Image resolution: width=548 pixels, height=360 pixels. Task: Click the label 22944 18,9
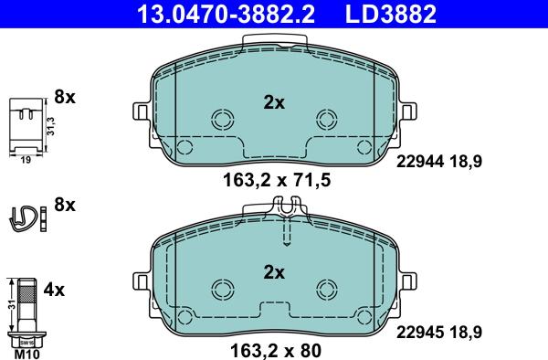pyautogui.click(x=438, y=161)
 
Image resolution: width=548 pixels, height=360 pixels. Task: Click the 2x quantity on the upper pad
pyautogui.click(x=274, y=103)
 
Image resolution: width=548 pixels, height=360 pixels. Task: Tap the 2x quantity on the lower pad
pyautogui.click(x=274, y=271)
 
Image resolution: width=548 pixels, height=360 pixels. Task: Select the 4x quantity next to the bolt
pyautogui.click(x=54, y=291)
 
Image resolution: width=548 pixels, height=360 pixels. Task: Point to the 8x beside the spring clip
pyautogui.click(x=63, y=204)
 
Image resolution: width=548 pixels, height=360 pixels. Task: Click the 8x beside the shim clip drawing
pyautogui.click(x=63, y=95)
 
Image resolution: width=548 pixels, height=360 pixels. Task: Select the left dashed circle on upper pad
pyautogui.click(x=222, y=119)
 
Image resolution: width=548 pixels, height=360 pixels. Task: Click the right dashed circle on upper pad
pyautogui.click(x=326, y=119)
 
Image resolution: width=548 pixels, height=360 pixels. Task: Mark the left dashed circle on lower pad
pyautogui.click(x=222, y=288)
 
